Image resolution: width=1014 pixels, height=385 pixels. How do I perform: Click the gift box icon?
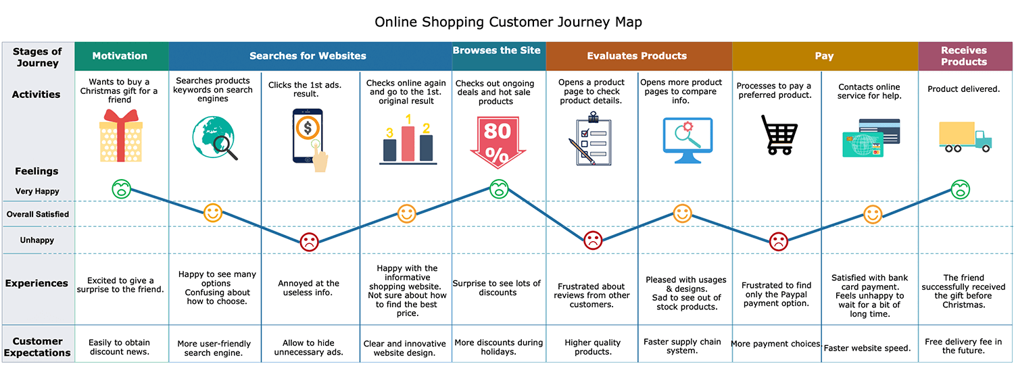(120, 136)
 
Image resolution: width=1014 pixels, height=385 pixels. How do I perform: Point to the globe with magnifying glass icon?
(214, 138)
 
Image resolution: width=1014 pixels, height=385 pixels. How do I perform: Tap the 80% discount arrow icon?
(498, 142)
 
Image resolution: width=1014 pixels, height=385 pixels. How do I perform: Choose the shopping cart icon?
(779, 135)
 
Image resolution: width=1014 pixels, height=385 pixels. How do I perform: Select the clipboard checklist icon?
(591, 139)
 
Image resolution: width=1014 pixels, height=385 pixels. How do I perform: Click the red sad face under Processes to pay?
(779, 242)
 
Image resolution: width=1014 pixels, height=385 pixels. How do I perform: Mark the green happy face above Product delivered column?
(960, 190)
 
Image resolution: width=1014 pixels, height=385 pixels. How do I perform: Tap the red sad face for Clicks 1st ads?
(309, 242)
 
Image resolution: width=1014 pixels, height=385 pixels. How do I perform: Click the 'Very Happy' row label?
(37, 191)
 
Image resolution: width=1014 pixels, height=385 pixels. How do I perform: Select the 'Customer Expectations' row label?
(37, 347)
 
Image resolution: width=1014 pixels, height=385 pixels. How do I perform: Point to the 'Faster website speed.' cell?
(867, 348)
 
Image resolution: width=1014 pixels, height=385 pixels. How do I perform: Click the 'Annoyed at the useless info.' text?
(308, 288)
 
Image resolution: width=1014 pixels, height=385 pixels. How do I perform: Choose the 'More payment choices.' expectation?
(776, 344)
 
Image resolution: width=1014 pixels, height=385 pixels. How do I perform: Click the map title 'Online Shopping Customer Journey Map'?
(508, 22)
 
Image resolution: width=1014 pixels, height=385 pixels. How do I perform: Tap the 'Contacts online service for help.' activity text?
(869, 91)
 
